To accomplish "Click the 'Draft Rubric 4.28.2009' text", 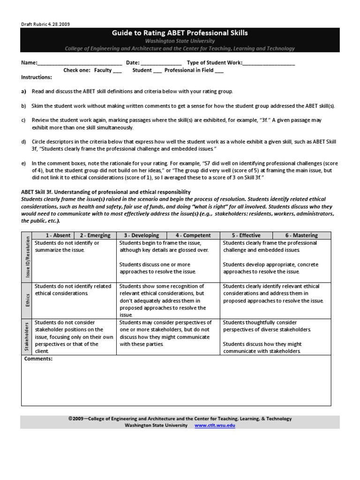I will click(45, 24).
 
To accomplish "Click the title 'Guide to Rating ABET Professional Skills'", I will click(180, 33).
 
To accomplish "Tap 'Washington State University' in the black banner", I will click(180, 41).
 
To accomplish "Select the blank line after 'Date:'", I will click(161, 63).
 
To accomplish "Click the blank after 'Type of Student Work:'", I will click(269, 63).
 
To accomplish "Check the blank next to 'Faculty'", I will click(117, 71).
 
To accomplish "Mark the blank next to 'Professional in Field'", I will click(219, 71).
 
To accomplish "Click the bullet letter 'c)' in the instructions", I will click(23, 120).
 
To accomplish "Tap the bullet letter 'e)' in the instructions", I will click(23, 164).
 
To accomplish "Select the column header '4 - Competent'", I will click(193, 235).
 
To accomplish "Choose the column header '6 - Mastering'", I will click(301, 235).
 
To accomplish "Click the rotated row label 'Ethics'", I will click(27, 300).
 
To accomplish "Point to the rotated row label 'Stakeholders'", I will click(27, 336).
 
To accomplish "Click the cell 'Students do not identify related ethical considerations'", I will click(74, 290).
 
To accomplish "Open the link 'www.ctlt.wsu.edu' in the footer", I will click(214, 425).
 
